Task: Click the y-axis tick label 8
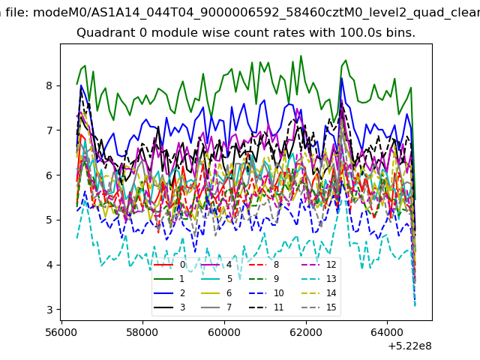[x=49, y=85]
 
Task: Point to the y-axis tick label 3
[x=49, y=310]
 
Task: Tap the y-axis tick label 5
[x=49, y=220]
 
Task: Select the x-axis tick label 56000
[x=61, y=332]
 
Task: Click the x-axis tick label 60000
[x=224, y=332]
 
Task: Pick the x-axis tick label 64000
[x=387, y=332]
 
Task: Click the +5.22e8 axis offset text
[x=409, y=346]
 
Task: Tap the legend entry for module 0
[x=169, y=265]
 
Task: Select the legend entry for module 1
[x=169, y=278]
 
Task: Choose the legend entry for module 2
[x=169, y=293]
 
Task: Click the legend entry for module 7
[x=217, y=307]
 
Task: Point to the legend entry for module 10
[x=265, y=293]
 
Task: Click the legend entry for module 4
[x=217, y=265]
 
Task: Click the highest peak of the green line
[x=301, y=55]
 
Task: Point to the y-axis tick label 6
[x=49, y=175]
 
